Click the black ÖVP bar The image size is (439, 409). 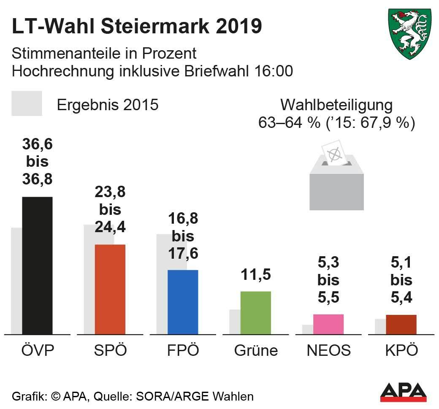(37, 265)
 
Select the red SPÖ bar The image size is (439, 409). (110, 289)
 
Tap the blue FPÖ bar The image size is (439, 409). (183, 302)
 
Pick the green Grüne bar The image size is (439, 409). (255, 312)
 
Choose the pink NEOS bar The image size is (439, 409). (328, 324)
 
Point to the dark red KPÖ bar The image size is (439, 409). (401, 324)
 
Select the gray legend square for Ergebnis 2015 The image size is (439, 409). (27, 103)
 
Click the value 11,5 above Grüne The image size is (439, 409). (255, 274)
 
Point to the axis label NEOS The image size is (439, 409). (328, 350)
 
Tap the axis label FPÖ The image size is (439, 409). (183, 350)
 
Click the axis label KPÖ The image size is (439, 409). (401, 350)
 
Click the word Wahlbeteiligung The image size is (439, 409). (337, 105)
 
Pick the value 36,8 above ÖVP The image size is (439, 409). (37, 179)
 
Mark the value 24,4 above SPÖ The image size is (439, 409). (110, 227)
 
